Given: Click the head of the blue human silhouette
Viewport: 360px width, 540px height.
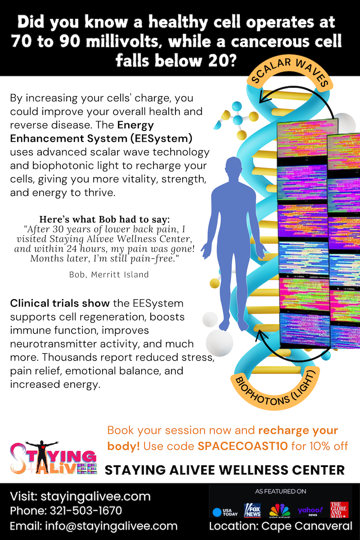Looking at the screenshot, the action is pyautogui.click(x=234, y=166).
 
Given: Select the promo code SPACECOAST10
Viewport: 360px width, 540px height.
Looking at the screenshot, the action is pyautogui.click(x=243, y=446).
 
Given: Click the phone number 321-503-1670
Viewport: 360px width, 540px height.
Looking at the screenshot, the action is pyautogui.click(x=85, y=511).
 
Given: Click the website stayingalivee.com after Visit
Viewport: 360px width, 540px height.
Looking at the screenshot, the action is pyautogui.click(x=96, y=496).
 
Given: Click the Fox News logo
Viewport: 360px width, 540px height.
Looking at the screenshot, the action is pyautogui.click(x=252, y=510).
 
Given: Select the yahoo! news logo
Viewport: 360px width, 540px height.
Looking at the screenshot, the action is pyautogui.click(x=310, y=511).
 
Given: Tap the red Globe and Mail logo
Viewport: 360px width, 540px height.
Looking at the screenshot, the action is pyautogui.click(x=339, y=509).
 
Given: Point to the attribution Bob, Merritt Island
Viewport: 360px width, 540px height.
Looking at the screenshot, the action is pyautogui.click(x=109, y=274).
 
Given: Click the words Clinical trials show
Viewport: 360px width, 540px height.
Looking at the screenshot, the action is pyautogui.click(x=60, y=303).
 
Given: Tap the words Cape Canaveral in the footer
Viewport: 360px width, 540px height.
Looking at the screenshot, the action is pyautogui.click(x=307, y=526).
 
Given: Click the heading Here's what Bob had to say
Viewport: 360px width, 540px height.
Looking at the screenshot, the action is pyautogui.click(x=105, y=220).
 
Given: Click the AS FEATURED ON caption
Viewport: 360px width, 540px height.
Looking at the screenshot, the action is pyautogui.click(x=280, y=491).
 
